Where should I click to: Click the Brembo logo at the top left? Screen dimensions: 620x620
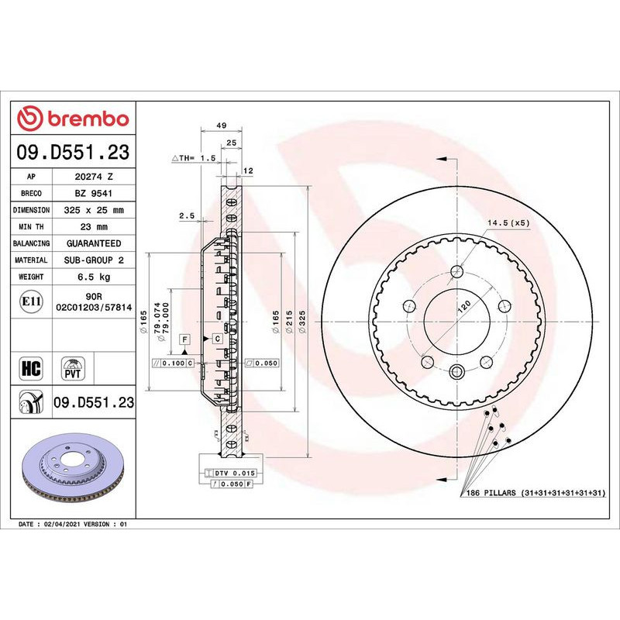click(x=73, y=119)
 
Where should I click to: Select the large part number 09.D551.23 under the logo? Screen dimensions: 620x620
click(x=73, y=153)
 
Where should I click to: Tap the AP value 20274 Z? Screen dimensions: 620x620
click(x=94, y=177)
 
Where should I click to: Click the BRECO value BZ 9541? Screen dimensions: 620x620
click(x=94, y=194)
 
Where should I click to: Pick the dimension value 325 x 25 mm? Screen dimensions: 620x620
click(x=94, y=210)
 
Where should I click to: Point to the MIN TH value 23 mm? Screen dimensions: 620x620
click(x=94, y=226)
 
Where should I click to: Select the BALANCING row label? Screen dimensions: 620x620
click(x=32, y=243)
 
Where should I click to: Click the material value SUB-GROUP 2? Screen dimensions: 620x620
click(x=94, y=260)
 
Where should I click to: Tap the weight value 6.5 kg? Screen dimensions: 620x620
click(x=94, y=277)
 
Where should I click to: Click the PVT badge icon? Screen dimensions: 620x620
click(x=74, y=367)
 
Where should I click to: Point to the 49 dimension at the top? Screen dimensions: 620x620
click(x=221, y=125)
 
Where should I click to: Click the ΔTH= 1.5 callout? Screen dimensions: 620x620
click(x=193, y=157)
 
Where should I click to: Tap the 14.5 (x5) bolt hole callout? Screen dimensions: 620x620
click(x=508, y=223)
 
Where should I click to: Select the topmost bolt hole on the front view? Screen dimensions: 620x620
click(x=456, y=271)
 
